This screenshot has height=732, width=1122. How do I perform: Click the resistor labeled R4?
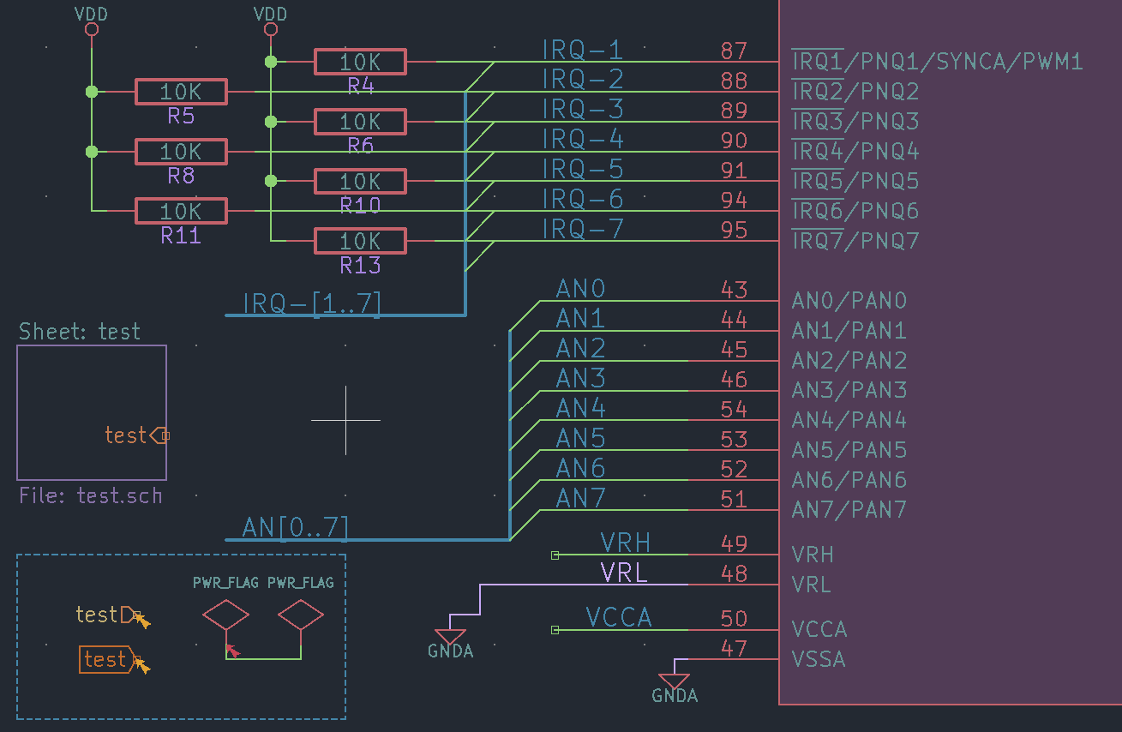click(360, 62)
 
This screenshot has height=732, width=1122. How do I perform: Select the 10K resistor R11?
click(180, 211)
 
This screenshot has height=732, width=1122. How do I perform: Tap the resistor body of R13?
click(360, 241)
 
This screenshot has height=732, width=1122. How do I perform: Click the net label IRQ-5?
click(582, 169)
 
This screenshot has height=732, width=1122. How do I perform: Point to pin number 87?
click(734, 51)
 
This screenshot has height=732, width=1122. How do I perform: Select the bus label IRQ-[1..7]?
click(312, 304)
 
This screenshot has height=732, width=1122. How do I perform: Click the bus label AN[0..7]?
click(296, 527)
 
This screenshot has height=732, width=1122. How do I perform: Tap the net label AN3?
click(580, 378)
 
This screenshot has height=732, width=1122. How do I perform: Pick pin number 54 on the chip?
click(734, 409)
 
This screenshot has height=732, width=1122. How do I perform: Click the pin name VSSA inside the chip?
click(819, 659)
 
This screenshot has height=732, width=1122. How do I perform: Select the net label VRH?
click(625, 542)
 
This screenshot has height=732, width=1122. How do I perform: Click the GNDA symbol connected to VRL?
click(450, 634)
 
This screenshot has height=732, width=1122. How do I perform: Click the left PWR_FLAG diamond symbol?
click(225, 615)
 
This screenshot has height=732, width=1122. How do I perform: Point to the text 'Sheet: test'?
click(80, 332)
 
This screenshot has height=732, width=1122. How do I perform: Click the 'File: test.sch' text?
click(90, 495)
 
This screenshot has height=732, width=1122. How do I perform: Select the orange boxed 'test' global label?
click(105, 659)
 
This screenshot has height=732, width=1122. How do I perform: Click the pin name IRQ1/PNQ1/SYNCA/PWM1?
click(937, 62)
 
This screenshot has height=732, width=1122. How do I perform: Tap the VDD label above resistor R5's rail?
click(92, 15)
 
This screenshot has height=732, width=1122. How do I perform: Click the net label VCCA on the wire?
click(619, 617)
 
